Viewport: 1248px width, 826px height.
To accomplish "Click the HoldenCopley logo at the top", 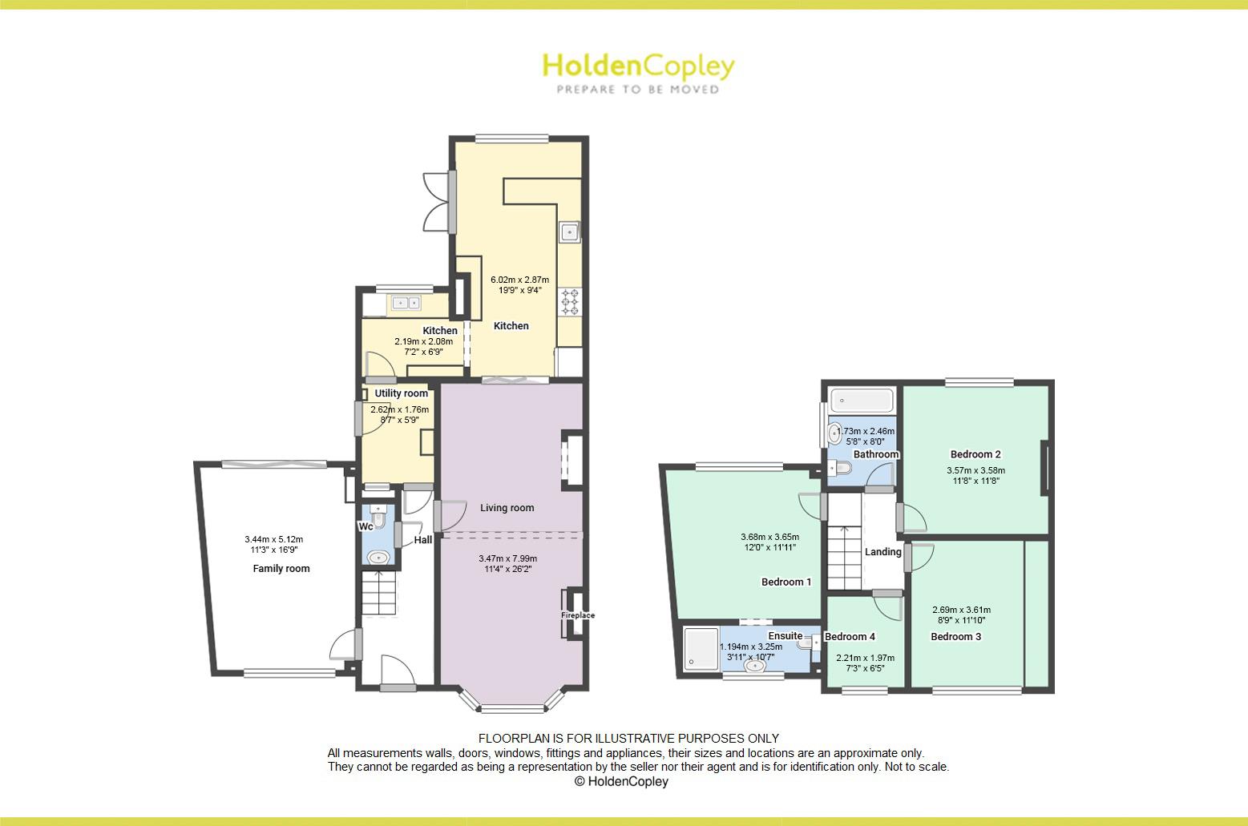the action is click(x=639, y=73).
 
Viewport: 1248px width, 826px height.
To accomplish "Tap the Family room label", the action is click(x=281, y=569).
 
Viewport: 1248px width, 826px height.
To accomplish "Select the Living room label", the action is click(x=507, y=508).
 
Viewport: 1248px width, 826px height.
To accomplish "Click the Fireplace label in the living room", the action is click(x=578, y=615).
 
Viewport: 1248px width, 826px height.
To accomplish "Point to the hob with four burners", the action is click(x=570, y=301).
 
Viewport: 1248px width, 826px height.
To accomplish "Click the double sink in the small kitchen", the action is click(x=406, y=303).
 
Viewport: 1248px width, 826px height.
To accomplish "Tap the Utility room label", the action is click(x=401, y=393).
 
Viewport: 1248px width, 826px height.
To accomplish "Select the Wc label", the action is click(x=366, y=526).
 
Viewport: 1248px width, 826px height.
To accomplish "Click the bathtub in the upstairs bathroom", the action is click(x=862, y=401).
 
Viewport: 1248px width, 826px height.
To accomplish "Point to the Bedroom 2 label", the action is click(x=975, y=454).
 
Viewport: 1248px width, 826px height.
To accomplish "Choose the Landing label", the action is click(x=883, y=552).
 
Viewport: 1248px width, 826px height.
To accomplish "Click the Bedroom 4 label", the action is click(x=850, y=637).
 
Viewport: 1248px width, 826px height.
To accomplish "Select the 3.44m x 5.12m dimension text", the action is click(x=273, y=539).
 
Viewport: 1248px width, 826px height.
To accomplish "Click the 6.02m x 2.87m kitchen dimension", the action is click(x=520, y=280).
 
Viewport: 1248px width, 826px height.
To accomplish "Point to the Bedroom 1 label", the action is click(x=786, y=582).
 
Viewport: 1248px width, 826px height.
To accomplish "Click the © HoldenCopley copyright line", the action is click(x=621, y=781).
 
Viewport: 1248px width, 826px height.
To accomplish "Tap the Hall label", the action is click(x=423, y=540).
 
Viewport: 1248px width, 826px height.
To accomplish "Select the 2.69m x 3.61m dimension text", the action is click(x=962, y=610).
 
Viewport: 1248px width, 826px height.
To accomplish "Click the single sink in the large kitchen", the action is click(x=569, y=232).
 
